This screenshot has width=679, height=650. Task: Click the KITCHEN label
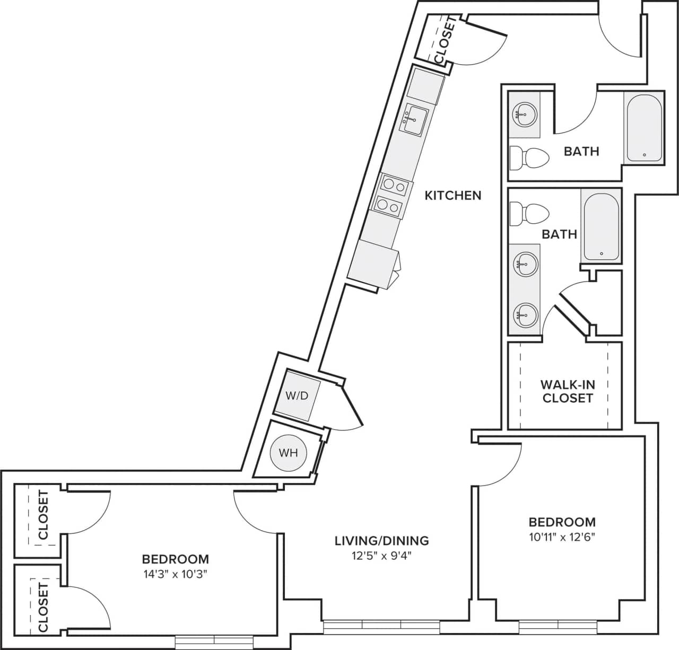[x=453, y=195]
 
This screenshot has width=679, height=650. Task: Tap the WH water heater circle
[x=288, y=453]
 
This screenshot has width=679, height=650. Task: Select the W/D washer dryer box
[x=297, y=396]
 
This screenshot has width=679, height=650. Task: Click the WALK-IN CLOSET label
[x=567, y=391]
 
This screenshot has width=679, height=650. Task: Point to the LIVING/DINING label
[x=381, y=541]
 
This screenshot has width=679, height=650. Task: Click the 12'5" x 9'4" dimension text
[x=381, y=556]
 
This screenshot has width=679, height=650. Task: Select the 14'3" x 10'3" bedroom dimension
[x=175, y=574]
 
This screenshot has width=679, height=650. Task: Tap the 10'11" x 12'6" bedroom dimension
[x=562, y=537]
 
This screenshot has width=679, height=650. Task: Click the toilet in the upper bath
[x=528, y=157]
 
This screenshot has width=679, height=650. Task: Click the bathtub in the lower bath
[x=602, y=226]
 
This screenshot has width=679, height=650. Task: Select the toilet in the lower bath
[x=528, y=213]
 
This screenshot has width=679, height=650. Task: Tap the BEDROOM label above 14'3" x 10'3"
[x=175, y=559]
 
